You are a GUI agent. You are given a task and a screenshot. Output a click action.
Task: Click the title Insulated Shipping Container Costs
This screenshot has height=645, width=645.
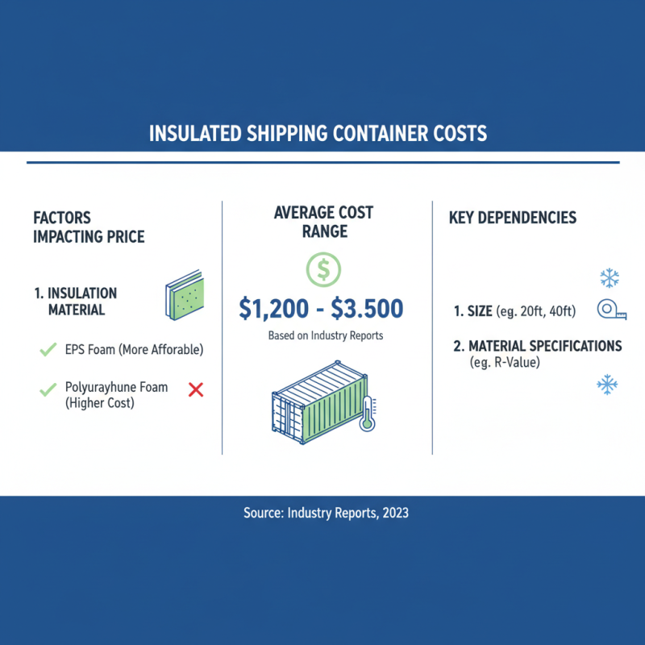coord(318,133)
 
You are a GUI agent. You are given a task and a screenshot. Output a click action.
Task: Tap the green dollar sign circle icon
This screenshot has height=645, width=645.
coord(322,269)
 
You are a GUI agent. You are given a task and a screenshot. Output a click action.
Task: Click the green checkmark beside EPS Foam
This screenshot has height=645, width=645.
coord(47,349)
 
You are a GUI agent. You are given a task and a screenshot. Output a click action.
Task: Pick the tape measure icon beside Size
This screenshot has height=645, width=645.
coord(613,310)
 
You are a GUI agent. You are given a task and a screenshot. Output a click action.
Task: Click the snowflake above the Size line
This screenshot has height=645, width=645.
coord(609,279)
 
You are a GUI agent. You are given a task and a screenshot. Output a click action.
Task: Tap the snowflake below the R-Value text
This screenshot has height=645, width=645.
coord(607,384)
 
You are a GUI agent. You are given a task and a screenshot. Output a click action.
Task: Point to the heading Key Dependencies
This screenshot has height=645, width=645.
coord(512,218)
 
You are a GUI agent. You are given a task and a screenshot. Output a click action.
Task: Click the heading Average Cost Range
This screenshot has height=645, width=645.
coord(322,223)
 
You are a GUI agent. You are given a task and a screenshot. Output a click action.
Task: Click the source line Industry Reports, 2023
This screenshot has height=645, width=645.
coord(326,513)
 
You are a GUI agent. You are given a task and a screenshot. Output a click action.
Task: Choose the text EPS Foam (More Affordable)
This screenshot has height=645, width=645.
coord(134,350)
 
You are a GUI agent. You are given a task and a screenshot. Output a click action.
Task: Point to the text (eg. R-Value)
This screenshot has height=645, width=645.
coord(504,363)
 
